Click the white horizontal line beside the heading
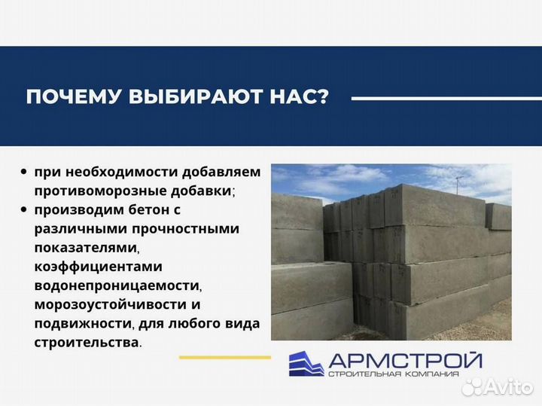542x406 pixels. click(x=437, y=98)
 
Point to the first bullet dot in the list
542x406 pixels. click(x=26, y=172)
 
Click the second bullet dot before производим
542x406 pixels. click(x=26, y=209)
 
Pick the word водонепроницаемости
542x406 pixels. click(x=117, y=285)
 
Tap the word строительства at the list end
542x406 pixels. click(x=86, y=343)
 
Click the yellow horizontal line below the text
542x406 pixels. click(x=226, y=356)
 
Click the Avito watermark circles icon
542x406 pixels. click(x=471, y=386)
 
